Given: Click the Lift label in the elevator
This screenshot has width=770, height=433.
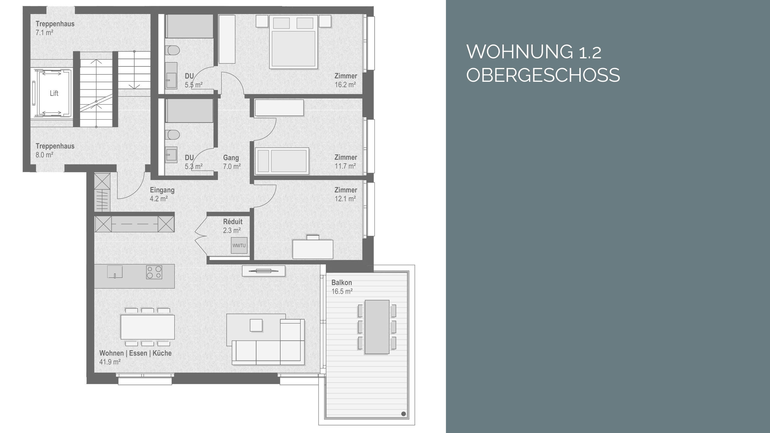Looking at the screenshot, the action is point(54,93).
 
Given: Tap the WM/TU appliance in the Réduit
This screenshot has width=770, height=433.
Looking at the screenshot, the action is point(239,245).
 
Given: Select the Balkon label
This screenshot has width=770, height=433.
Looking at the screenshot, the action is point(341,283).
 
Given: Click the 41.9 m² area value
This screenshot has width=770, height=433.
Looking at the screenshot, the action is point(110,362).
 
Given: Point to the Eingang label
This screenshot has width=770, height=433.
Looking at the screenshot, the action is point(162,190).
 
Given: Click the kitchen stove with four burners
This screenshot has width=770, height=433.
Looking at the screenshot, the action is point(154,272).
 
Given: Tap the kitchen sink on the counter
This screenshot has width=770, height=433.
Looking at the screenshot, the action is point(115,272).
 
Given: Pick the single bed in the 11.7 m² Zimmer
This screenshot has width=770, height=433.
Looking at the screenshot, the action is point(282,161).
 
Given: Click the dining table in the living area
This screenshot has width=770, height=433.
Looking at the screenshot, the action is point(147,327).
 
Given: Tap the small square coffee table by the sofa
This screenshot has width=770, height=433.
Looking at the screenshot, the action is point(256,325).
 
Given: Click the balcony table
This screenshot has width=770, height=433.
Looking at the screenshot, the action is point(377,327).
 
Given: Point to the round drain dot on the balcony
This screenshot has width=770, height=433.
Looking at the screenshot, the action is point(403,414).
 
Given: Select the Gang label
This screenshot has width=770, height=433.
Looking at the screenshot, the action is point(231,158).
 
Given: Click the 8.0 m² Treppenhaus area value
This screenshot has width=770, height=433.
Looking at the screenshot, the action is point(45,155).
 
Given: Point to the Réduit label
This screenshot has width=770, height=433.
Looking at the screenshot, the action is point(233,222).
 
